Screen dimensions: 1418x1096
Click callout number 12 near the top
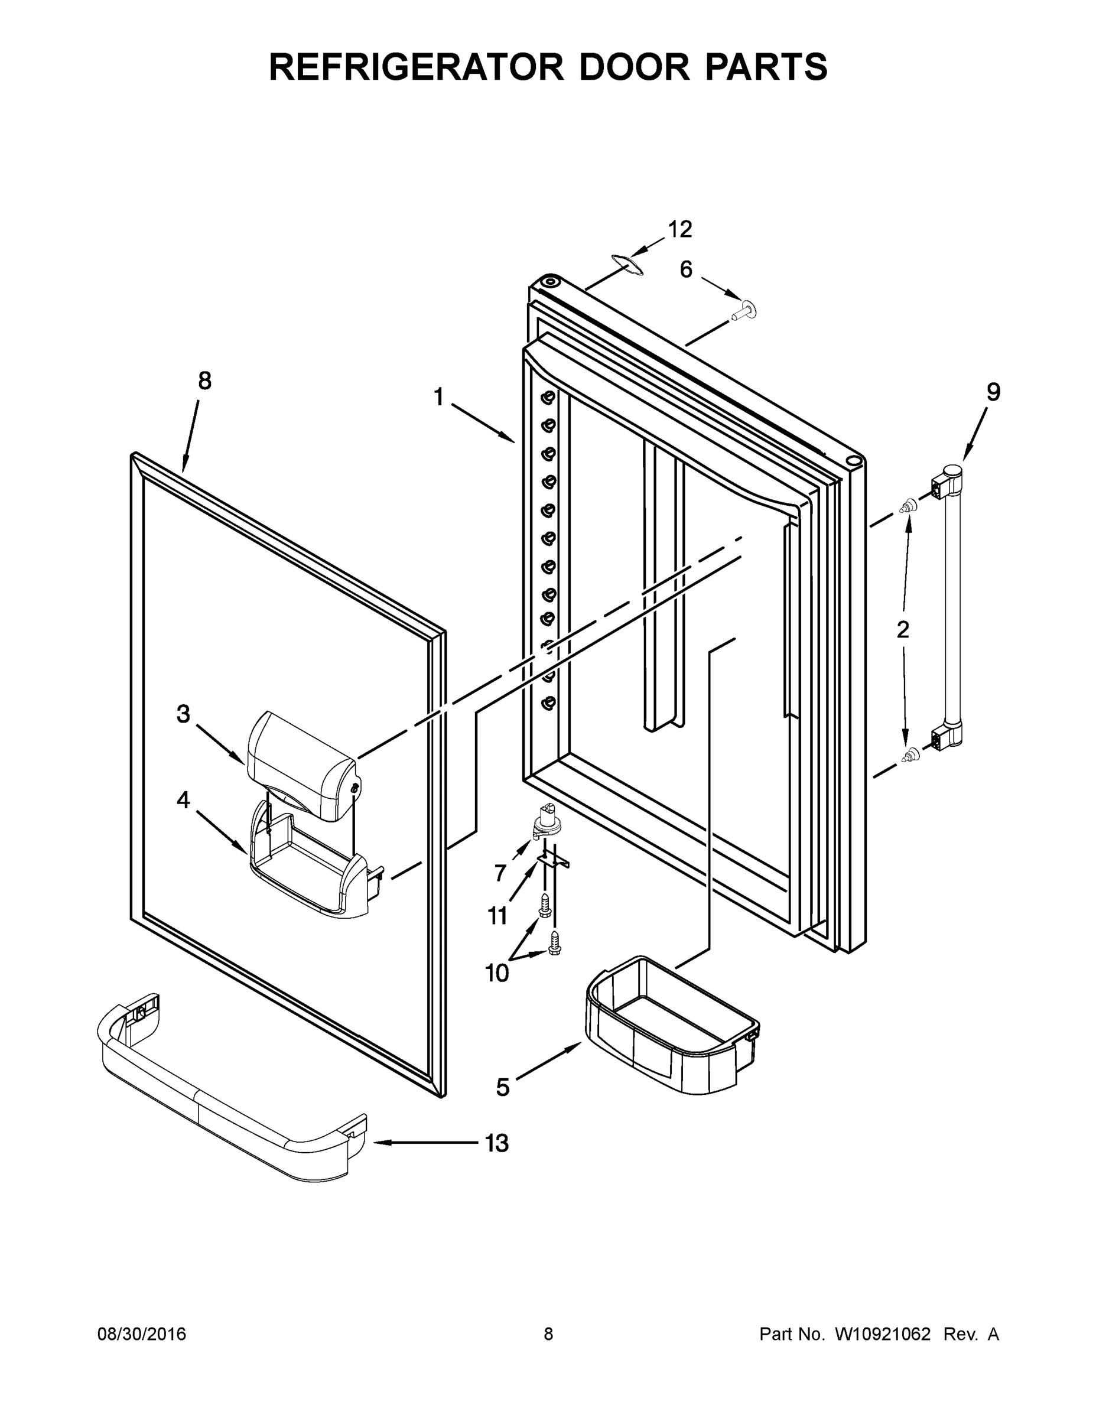680,229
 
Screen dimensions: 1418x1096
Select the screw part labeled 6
744,311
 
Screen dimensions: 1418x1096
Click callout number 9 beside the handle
993,392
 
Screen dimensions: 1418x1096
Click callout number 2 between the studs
903,629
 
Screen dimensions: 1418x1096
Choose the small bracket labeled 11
552,860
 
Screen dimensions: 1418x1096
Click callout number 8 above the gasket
204,381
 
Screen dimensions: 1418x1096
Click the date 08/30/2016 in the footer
142,1334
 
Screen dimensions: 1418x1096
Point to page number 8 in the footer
548,1334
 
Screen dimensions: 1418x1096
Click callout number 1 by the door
438,396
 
